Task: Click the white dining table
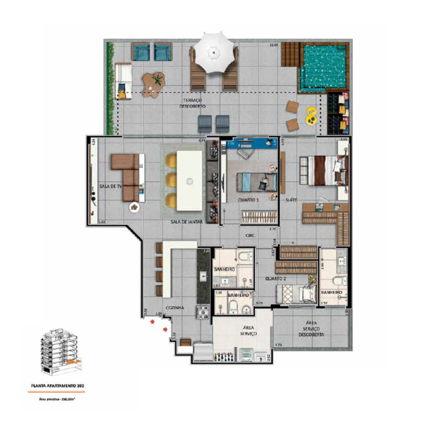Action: (x=189, y=181)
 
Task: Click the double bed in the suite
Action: (x=326, y=170)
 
